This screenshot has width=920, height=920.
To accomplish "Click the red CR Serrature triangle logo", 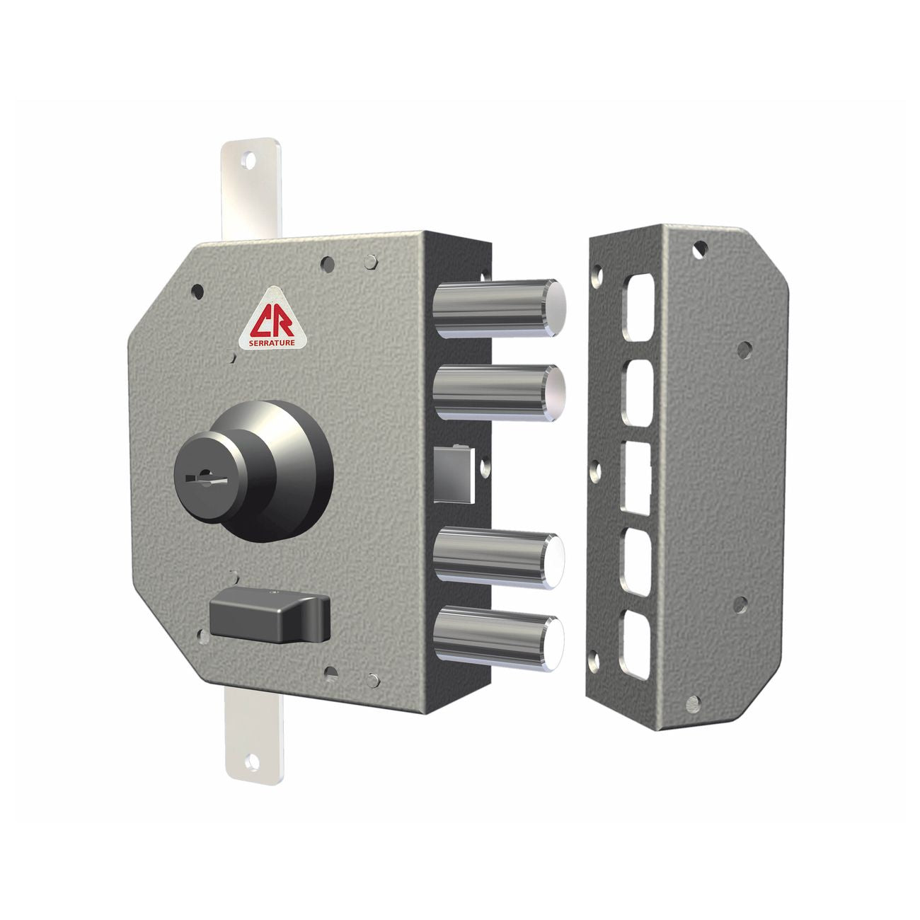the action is (x=272, y=319).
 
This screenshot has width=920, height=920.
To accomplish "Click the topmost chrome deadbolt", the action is (x=500, y=309).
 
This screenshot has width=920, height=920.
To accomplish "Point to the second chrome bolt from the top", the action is (x=500, y=393).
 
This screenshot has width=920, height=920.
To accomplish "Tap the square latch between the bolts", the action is (x=454, y=474).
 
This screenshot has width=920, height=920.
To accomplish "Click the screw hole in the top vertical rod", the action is (x=248, y=160).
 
